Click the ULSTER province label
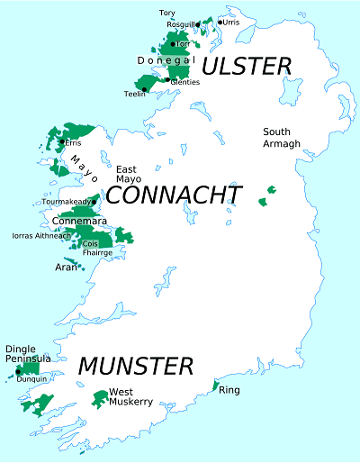(247, 66)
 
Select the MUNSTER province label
(135, 367)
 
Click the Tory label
(167, 13)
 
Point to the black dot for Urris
(220, 22)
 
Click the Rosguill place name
(178, 25)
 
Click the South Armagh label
(276, 138)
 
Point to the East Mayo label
(128, 174)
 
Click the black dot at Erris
(61, 141)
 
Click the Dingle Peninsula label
(27, 354)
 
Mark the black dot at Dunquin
(18, 371)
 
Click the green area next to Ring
(215, 386)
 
